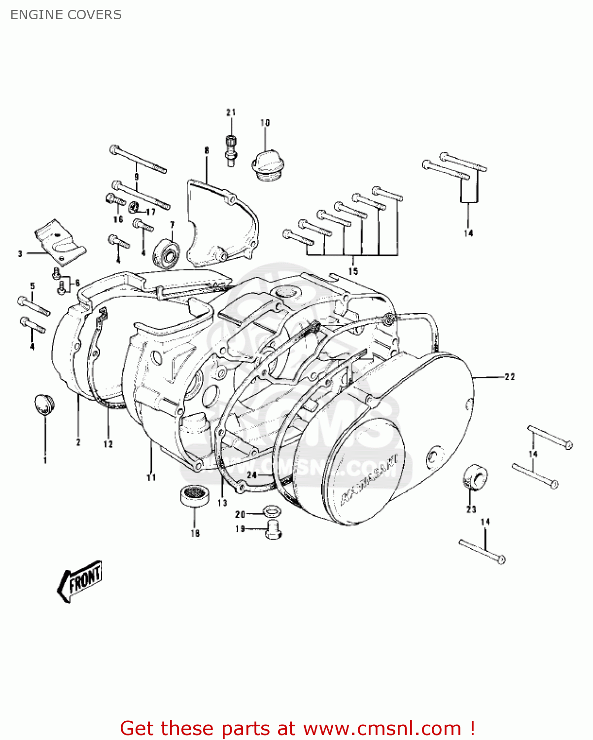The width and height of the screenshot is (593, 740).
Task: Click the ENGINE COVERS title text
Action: point(66,15)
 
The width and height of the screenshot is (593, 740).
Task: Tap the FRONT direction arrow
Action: point(80,581)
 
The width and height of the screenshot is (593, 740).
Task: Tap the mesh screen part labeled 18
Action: point(194,495)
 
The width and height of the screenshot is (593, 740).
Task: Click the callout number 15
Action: point(353,271)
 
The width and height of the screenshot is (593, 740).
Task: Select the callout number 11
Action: point(151,477)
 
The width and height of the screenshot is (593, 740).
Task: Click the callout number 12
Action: point(108,444)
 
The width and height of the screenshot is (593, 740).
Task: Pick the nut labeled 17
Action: point(133,207)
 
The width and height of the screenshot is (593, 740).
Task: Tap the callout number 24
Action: point(252,475)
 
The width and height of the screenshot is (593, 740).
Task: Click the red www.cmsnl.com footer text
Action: point(297,728)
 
